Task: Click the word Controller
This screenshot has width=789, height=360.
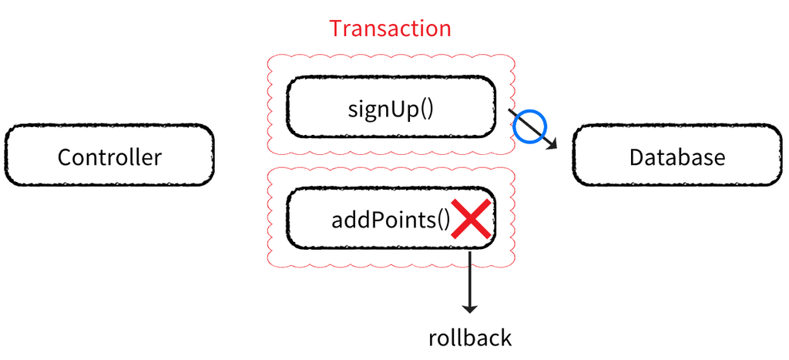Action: tap(109, 157)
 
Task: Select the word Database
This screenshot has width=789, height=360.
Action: tap(677, 157)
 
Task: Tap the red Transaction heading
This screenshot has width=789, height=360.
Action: tap(390, 29)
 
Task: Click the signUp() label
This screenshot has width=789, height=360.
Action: tap(391, 107)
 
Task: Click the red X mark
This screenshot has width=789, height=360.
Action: tap(471, 219)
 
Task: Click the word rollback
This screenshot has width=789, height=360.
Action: tap(469, 338)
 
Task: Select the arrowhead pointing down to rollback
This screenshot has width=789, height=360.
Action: tap(469, 308)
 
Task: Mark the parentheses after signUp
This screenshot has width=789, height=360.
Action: tap(427, 108)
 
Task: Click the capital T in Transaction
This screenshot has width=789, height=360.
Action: tap(337, 29)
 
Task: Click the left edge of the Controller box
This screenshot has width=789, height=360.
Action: tap(7, 156)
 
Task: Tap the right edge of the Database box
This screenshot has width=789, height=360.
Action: tap(781, 156)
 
